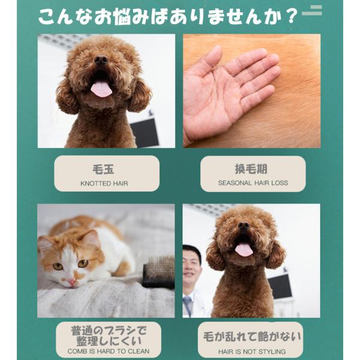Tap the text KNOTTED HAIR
(104, 184)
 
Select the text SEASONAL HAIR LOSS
(253, 183)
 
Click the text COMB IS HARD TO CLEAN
(109, 351)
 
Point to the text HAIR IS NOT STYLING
(252, 352)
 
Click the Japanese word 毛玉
(103, 170)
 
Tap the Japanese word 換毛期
(251, 169)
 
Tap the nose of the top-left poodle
(101, 60)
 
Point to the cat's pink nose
(71, 282)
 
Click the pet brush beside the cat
(159, 272)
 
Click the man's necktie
(188, 306)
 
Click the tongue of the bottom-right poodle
(244, 250)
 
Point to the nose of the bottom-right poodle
(244, 225)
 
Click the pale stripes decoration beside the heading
(312, 10)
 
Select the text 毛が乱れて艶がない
(252, 337)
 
